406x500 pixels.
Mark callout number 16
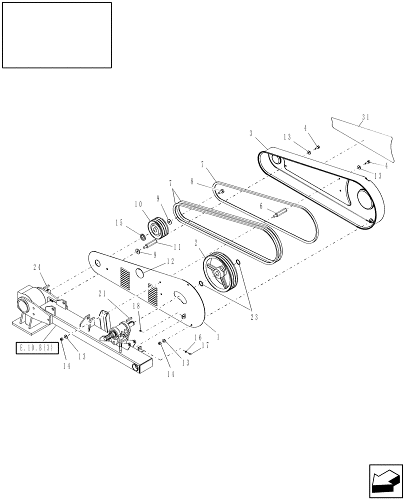coord(197,338)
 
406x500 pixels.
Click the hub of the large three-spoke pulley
coord(218,272)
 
